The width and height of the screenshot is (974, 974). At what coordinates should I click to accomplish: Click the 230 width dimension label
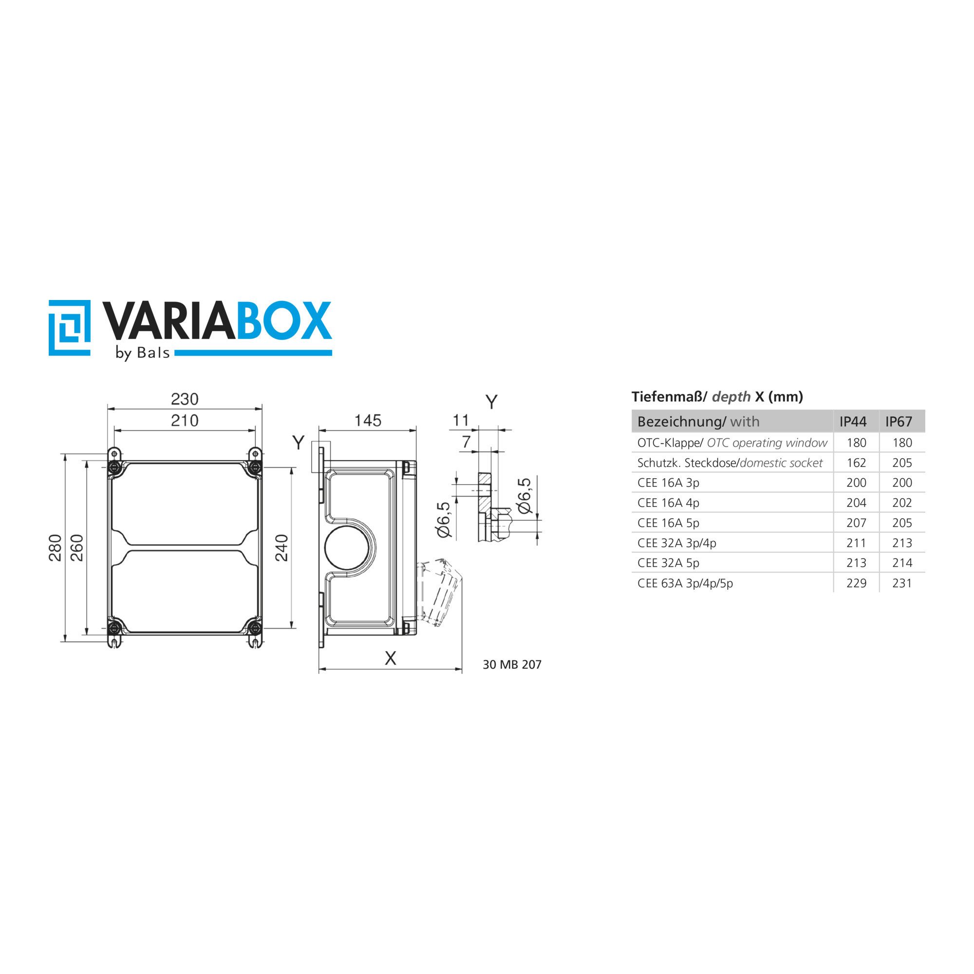185,399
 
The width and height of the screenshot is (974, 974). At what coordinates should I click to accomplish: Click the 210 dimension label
185,420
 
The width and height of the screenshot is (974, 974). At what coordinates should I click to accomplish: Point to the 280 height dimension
55,547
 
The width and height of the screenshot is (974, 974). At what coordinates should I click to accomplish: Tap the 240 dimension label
281,547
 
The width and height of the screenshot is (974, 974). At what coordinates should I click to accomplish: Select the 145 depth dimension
368,420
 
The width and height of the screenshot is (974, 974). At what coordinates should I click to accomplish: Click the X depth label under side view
390,658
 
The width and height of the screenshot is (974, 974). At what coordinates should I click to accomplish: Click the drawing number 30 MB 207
512,664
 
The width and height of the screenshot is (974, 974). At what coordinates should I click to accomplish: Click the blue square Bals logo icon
70,328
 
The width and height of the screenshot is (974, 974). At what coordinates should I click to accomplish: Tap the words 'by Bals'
143,353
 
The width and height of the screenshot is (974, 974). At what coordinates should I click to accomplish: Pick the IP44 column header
853,421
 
